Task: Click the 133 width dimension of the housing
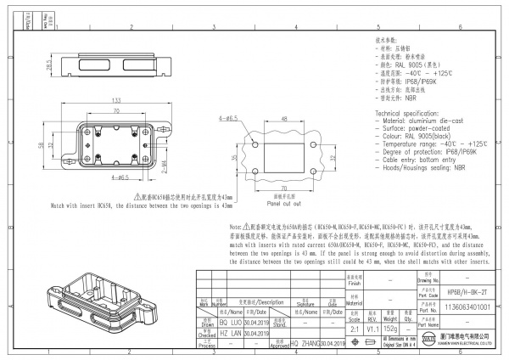coord(115,99)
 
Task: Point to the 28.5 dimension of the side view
coord(49,64)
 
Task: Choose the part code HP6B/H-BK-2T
coord(466,290)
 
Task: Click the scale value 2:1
coord(355,329)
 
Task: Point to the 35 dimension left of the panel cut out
coord(235,157)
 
